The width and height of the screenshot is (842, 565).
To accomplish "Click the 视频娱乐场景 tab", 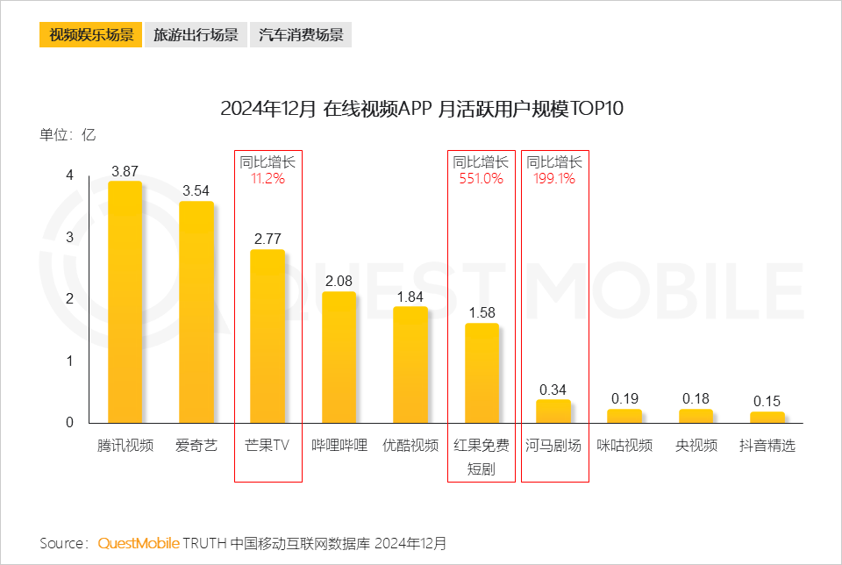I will (90, 35).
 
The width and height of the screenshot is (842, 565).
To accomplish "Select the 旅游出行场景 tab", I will (196, 35).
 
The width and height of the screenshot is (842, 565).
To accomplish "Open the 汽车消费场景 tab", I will (301, 35).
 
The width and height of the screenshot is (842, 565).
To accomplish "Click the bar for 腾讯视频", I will (125, 302).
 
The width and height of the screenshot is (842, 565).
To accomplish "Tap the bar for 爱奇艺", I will (196, 311).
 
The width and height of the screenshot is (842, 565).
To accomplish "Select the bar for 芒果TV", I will (268, 336).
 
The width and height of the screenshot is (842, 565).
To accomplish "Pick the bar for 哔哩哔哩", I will (339, 357).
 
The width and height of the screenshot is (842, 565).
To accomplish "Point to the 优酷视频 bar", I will (410, 364).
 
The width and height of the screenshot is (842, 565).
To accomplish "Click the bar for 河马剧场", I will (553, 411).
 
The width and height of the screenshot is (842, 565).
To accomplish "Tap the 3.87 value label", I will (125, 171).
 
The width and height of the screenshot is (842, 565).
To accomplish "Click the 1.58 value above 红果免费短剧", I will (482, 312).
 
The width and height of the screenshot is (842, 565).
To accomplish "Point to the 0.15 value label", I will (767, 401).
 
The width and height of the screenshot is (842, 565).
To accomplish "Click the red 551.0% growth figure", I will (482, 179).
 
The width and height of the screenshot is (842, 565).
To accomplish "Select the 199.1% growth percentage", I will (554, 179).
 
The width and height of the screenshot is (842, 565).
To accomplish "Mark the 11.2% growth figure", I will (268, 179).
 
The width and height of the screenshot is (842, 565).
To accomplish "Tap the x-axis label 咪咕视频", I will (624, 446).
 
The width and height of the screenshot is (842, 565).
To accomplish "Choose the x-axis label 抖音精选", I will (767, 446).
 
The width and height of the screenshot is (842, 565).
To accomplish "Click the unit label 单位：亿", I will (68, 135).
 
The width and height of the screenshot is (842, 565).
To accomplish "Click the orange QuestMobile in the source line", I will (139, 543).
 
